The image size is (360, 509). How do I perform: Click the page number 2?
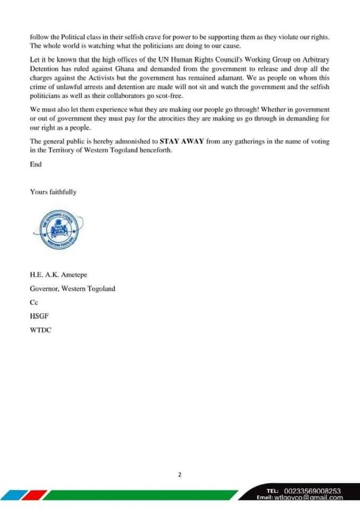(x=180, y=460)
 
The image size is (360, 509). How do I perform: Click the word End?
(x=36, y=164)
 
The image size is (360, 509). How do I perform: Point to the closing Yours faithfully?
(x=53, y=192)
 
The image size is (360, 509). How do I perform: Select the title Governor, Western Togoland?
(x=72, y=289)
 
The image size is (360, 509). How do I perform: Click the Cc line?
(x=34, y=303)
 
